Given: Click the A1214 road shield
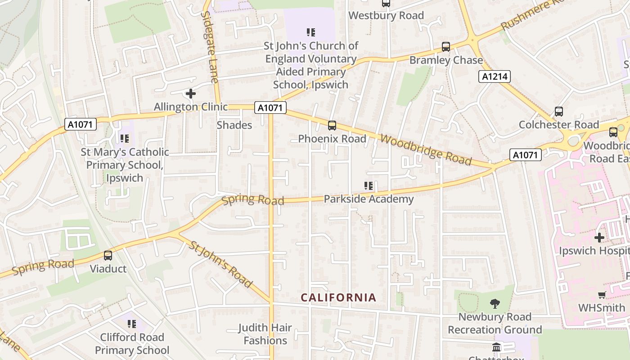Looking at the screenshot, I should click(494, 76).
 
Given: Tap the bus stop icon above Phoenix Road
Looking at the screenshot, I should click(332, 126).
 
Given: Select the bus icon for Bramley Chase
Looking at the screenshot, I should click(446, 47).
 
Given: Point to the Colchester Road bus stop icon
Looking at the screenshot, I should click(559, 112).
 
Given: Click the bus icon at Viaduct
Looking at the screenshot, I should click(108, 256).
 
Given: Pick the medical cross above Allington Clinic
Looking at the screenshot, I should click(191, 94).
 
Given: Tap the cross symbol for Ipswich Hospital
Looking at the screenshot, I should click(599, 237).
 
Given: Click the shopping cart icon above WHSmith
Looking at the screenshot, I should click(602, 295).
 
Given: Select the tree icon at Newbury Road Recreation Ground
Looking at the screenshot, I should click(495, 304).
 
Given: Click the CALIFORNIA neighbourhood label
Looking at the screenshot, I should click(338, 297).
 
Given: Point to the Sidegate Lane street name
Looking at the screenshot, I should click(210, 47).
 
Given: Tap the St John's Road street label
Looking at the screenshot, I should click(220, 264).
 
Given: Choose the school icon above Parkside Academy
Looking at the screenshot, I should click(369, 186).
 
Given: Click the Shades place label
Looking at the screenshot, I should click(234, 125).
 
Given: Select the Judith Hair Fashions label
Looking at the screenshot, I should click(265, 334).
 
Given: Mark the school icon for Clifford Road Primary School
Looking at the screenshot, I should click(132, 324).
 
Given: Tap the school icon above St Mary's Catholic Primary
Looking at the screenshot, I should click(125, 139).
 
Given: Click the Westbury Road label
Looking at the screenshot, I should click(386, 15).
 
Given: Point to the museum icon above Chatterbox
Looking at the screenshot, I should click(496, 347).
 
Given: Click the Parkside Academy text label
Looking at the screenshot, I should click(369, 199).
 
